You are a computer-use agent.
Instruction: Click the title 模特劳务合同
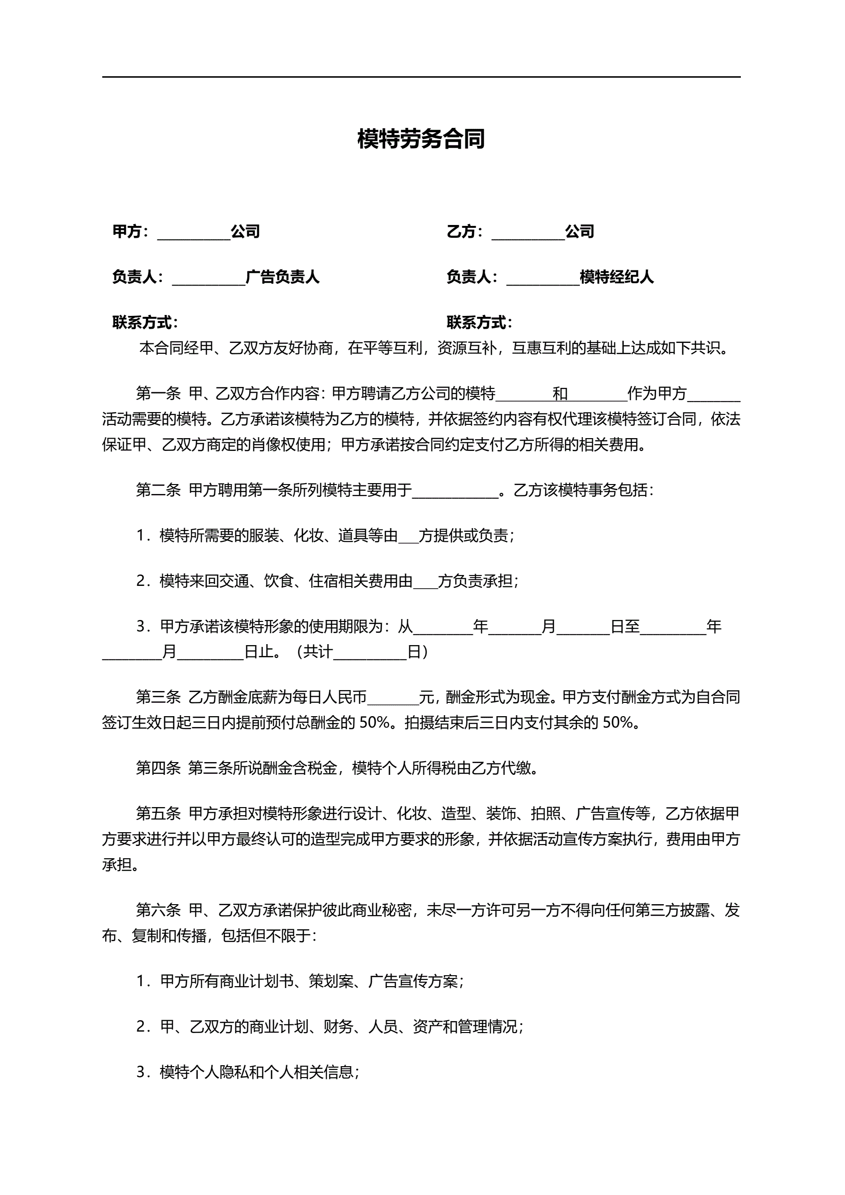[421, 139]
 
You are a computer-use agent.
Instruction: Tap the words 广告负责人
[282, 277]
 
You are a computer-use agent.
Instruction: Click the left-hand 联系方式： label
[145, 323]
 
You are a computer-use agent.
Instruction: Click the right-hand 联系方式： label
[479, 323]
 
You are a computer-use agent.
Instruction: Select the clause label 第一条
[158, 394]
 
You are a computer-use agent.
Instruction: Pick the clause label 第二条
[158, 490]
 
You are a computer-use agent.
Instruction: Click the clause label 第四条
[158, 768]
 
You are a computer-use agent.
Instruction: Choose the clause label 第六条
[158, 910]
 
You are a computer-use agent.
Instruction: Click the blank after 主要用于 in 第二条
[455, 492]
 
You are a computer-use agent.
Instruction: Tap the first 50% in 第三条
[374, 722]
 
